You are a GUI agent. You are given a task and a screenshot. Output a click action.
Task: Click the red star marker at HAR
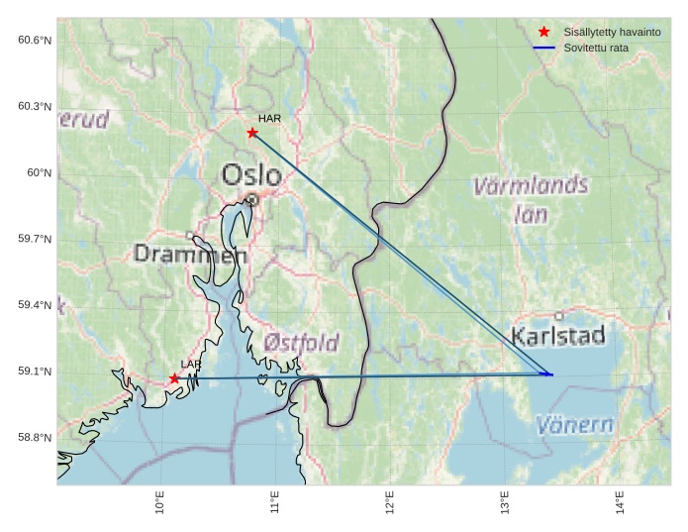[252, 133]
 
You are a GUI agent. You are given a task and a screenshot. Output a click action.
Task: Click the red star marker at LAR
[174, 378]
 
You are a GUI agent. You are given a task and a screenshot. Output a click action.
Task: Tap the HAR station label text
[269, 119]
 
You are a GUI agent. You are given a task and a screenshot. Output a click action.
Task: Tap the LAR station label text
[191, 366]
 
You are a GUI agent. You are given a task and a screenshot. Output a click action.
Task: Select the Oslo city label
[251, 175]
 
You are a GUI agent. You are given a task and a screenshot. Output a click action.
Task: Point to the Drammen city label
[190, 255]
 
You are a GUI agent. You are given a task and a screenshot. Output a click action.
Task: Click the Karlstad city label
[558, 336]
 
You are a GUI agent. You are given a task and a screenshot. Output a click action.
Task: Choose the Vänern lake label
[574, 426]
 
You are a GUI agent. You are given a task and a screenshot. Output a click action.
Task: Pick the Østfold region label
[302, 343]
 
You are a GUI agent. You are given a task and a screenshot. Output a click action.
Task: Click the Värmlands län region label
[531, 198]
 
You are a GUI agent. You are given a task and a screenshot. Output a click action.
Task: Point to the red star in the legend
[543, 32]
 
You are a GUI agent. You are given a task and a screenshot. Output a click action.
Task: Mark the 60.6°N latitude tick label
[35, 40]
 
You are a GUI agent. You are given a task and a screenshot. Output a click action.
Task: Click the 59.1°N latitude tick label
[35, 372]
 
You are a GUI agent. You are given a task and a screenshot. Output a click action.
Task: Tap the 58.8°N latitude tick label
[35, 438]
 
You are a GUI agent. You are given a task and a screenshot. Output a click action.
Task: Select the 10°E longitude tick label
[160, 502]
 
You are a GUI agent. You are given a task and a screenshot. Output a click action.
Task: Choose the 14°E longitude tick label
[621, 502]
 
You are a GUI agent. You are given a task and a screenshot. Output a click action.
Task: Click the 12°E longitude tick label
[390, 502]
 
